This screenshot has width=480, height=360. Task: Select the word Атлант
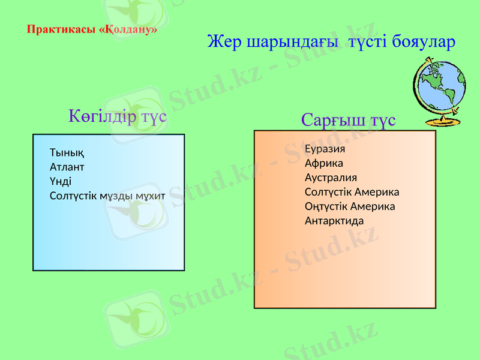[x=67, y=167]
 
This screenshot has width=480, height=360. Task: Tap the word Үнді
[x=61, y=182]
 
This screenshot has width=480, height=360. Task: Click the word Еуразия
[x=325, y=149]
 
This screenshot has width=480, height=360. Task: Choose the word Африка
[x=324, y=163]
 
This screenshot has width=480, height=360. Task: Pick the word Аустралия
[x=331, y=178]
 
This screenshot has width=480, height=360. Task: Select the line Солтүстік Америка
[x=352, y=192]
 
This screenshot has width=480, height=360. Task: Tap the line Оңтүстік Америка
[x=350, y=206]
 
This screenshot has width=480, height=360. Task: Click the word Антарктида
[x=334, y=221]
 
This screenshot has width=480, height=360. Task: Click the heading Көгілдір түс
[x=117, y=115]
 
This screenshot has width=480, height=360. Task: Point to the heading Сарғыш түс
[x=348, y=119]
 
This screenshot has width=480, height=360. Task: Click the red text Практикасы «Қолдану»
[x=92, y=29]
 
